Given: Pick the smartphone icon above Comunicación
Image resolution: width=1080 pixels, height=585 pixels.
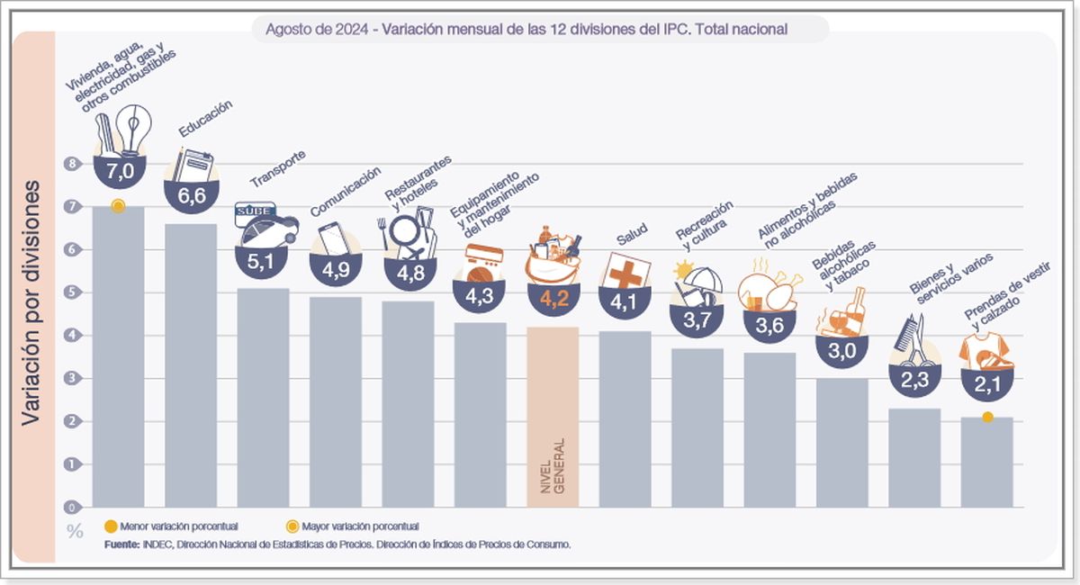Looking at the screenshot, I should [332, 238].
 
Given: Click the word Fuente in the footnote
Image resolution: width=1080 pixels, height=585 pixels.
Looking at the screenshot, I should [121, 544].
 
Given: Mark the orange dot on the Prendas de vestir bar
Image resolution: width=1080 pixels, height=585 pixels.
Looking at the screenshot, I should [987, 417].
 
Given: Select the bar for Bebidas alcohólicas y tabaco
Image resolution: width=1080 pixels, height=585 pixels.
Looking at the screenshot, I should [841, 441].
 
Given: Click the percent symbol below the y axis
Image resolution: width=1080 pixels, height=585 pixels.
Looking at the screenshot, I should [75, 531].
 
